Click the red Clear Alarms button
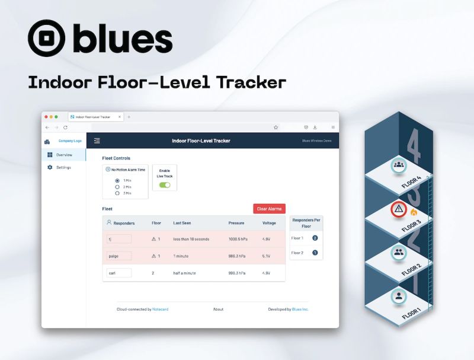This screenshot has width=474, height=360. point(269,209)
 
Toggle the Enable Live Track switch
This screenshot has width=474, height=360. point(165,185)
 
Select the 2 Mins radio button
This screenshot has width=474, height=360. point(117,187)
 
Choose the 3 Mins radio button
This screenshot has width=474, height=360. point(117,193)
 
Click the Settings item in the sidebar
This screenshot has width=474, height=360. point(63,167)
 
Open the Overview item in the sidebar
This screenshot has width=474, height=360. point(63,155)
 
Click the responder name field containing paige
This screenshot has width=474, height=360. point(118,256)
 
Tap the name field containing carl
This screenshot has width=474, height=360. point(118,273)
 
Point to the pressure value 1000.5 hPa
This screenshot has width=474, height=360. point(238,239)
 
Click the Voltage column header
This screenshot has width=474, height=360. point(269,223)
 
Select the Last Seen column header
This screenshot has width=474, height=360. point(182,223)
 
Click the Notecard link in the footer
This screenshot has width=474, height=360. point(161,309)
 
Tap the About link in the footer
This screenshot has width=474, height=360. point(218,309)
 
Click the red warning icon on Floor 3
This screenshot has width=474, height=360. point(399,209)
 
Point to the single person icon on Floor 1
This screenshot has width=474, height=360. point(399,295)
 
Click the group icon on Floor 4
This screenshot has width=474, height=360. point(399,165)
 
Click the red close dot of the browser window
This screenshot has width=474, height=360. point(46,117)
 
